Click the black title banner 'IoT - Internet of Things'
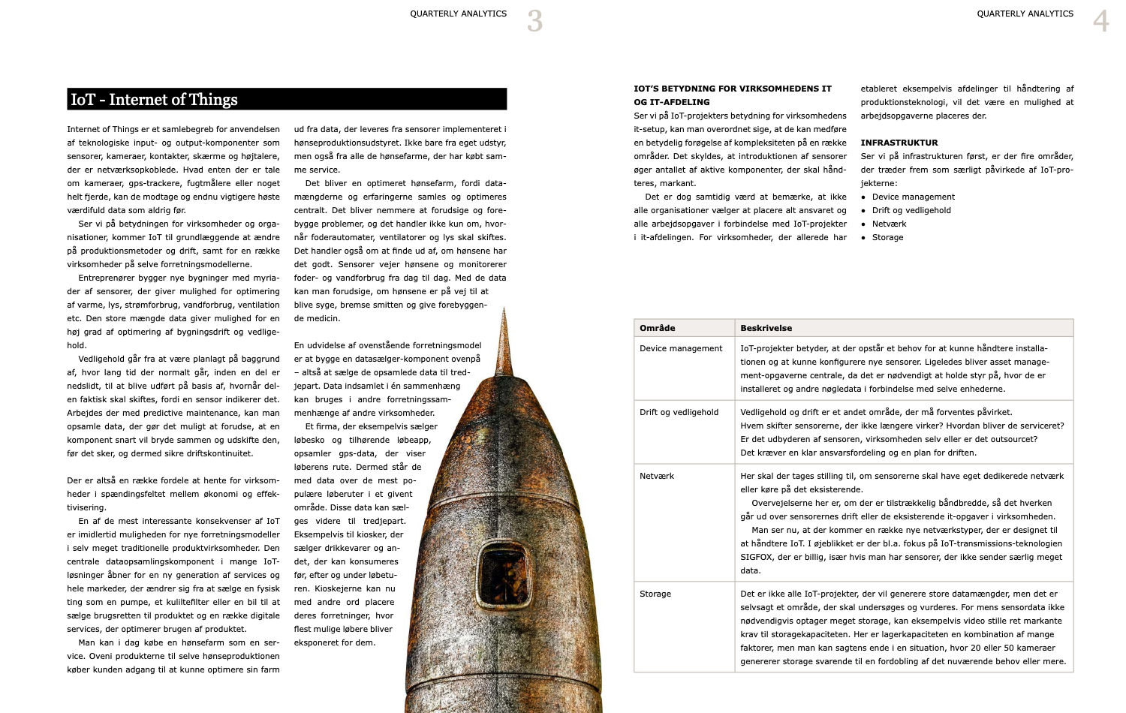pyautogui.click(x=287, y=99)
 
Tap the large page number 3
pyautogui.click(x=534, y=20)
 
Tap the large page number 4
pyautogui.click(x=1100, y=20)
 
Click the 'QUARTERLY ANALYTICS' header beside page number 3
pyautogui.click(x=458, y=14)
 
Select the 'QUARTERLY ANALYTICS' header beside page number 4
pyautogui.click(x=1025, y=14)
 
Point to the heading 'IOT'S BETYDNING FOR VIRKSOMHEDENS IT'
pyautogui.click(x=733, y=89)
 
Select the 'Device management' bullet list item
pyautogui.click(x=913, y=197)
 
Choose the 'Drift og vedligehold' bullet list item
pyautogui.click(x=911, y=210)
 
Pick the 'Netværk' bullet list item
pyautogui.click(x=889, y=224)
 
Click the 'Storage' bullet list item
pyautogui.click(x=887, y=237)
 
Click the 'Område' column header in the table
pyautogui.click(x=658, y=328)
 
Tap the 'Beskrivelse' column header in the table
pyautogui.click(x=766, y=328)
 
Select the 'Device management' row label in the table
pyautogui.click(x=681, y=348)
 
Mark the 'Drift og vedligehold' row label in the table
pyautogui.click(x=679, y=412)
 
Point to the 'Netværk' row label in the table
pyautogui.click(x=657, y=476)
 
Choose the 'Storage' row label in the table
pyautogui.click(x=655, y=594)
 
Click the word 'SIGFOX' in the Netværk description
pyautogui.click(x=757, y=557)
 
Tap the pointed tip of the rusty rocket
pyautogui.click(x=504, y=311)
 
